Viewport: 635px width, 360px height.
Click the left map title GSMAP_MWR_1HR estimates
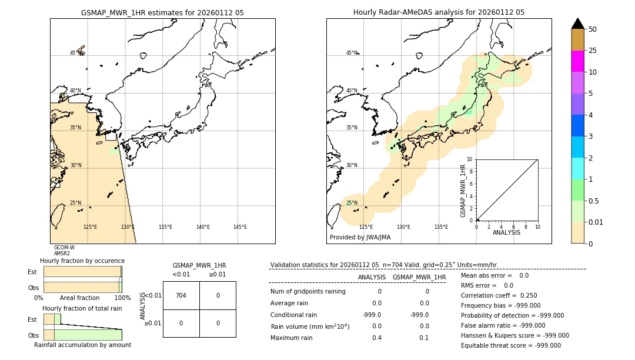pos(162,12)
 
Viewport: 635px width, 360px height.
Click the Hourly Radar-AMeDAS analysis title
pos(439,12)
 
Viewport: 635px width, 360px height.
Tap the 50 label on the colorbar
pos(593,29)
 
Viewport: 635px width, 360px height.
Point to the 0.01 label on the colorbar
pos(596,222)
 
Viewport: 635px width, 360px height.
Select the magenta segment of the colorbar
pos(577,61)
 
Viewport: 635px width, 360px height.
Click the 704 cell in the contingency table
pos(181,295)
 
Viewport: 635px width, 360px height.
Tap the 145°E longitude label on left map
pos(240,227)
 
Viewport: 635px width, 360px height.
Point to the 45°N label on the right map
pos(352,53)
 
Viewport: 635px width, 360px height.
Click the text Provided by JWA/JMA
pos(360,237)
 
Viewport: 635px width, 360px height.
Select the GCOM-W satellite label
pos(64,248)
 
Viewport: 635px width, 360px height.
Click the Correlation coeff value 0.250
pos(528,295)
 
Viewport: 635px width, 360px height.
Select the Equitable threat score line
pos(510,345)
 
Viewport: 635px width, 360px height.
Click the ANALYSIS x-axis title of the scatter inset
pos(506,232)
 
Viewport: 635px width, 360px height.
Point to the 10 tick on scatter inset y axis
pos(469,159)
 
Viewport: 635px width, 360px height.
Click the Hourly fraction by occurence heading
pos(82,261)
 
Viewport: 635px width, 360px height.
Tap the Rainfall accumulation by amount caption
pos(82,345)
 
